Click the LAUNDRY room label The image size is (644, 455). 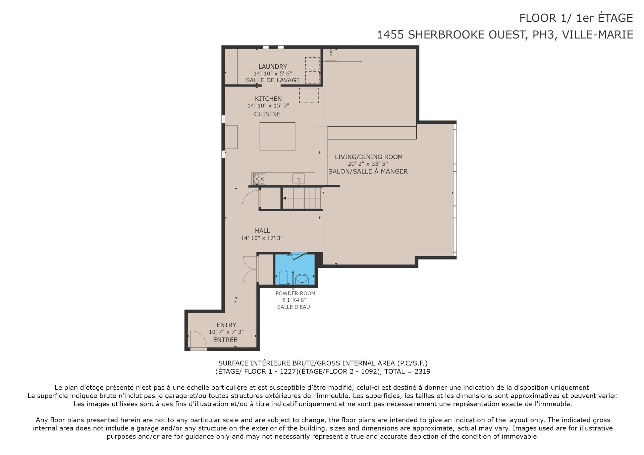click(272, 67)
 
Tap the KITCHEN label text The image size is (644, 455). click(268, 99)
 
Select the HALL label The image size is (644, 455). click(262, 231)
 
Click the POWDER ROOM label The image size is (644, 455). click(296, 293)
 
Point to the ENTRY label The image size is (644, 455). click(226, 325)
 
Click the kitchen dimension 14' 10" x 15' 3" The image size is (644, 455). click(268, 106)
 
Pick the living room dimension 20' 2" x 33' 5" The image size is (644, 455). click(368, 164)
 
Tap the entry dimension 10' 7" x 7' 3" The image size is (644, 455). click(226, 332)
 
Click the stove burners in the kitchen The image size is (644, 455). click(259, 179)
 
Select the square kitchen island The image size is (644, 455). click(277, 136)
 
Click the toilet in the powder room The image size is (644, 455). click(283, 277)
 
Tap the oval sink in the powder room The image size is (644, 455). click(302, 278)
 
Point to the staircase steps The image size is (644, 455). click(302, 198)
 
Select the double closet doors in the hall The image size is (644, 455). click(250, 269)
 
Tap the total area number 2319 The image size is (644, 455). click(422, 372)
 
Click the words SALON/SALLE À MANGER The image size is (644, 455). click(368, 171)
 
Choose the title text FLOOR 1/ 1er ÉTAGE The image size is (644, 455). click(576, 18)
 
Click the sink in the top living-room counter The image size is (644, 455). click(331, 55)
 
